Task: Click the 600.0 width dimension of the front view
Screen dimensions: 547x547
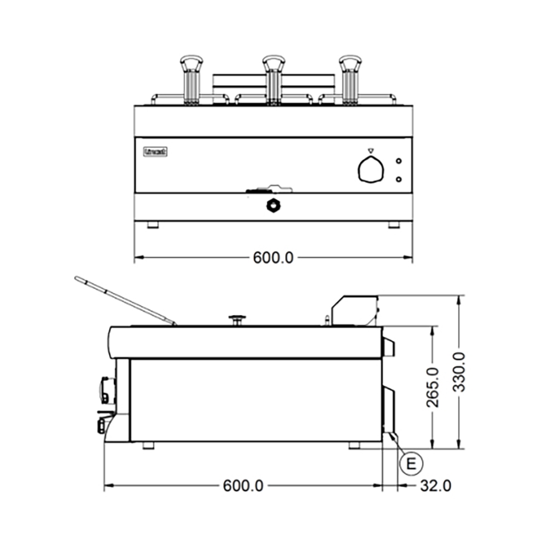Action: pos(273,257)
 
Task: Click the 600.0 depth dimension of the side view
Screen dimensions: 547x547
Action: pos(243,485)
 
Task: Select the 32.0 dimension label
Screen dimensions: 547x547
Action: pos(435,485)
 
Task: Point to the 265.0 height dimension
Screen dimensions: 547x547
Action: pos(433,387)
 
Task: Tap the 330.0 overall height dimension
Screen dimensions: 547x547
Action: pos(459,372)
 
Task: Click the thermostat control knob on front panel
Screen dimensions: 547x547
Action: pos(371,169)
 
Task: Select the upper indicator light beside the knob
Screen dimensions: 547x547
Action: pos(398,161)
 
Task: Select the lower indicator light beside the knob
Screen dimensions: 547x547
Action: pos(398,179)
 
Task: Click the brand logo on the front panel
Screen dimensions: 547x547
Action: pos(156,152)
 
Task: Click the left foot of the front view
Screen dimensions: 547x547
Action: pos(153,225)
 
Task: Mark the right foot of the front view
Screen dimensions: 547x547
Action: pos(393,225)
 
